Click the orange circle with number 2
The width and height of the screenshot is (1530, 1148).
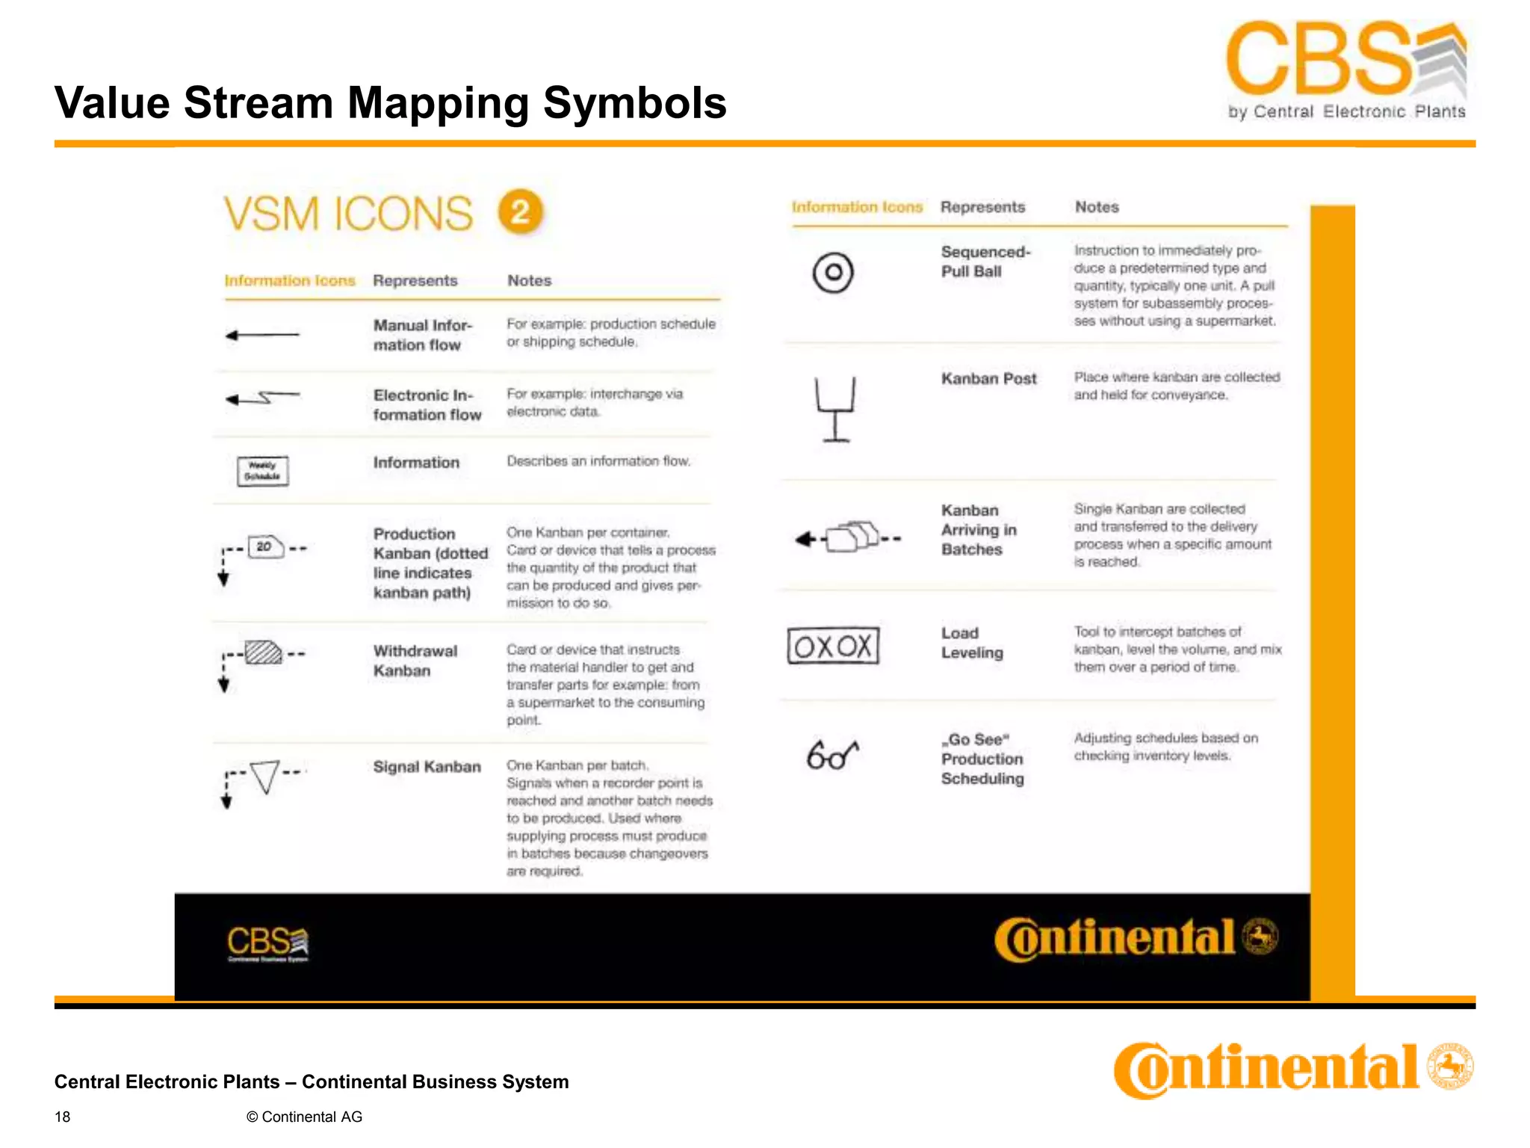click(521, 212)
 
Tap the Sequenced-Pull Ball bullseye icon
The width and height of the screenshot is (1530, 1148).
click(832, 272)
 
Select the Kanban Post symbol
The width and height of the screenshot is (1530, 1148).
click(835, 409)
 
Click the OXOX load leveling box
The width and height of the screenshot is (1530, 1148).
click(833, 646)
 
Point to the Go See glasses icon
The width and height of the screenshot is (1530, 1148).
click(831, 755)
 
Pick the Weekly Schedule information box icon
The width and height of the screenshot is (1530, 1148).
click(262, 471)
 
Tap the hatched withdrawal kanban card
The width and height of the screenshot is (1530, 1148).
click(263, 652)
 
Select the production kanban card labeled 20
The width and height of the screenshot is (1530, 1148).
click(265, 546)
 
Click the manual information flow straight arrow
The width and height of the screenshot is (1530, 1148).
click(262, 335)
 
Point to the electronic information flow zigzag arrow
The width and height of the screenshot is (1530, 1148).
click(262, 398)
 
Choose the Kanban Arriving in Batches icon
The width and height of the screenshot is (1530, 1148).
click(849, 537)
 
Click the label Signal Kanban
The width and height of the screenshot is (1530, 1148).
click(427, 767)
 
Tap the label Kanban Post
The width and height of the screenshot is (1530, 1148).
click(988, 379)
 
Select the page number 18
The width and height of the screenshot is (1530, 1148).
click(63, 1117)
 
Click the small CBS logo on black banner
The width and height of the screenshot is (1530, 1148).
click(267, 944)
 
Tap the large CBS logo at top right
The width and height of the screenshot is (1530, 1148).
click(1345, 70)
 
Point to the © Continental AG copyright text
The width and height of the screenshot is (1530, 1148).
click(304, 1117)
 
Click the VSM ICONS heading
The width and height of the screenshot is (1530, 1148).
click(348, 214)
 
